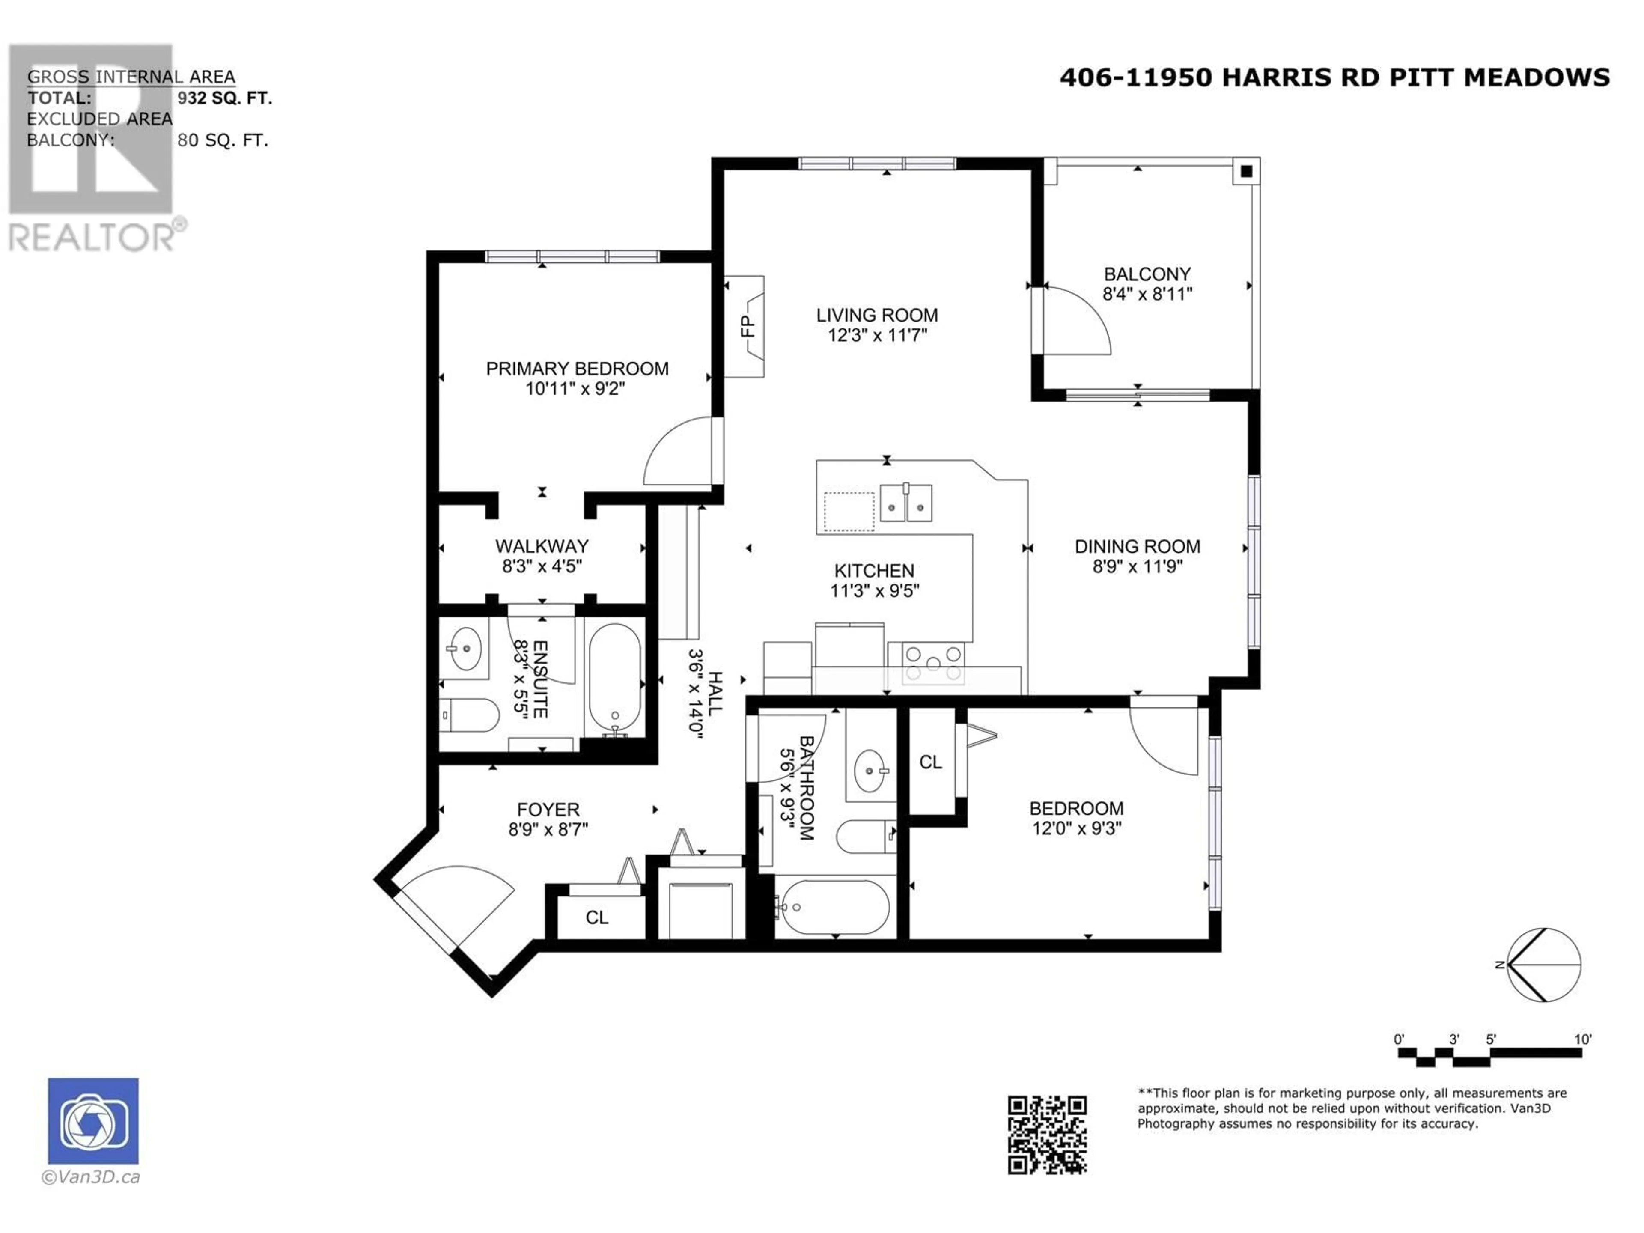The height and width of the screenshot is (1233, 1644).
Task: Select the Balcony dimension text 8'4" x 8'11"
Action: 1147,294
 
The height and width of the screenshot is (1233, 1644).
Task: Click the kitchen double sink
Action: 906,503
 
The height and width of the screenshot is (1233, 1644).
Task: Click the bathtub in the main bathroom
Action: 832,908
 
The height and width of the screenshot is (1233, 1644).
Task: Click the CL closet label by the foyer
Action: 597,917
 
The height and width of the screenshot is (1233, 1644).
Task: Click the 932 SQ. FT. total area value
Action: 224,98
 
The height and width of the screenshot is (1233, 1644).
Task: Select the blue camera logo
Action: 93,1121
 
